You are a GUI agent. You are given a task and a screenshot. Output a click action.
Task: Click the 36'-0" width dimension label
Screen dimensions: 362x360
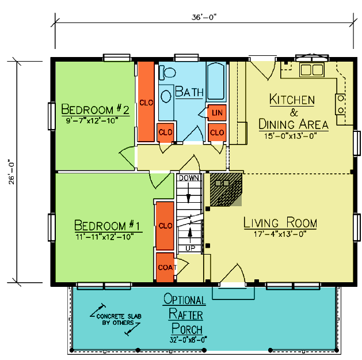point(204,17)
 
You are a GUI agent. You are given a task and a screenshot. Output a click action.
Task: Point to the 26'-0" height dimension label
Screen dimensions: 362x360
point(12,172)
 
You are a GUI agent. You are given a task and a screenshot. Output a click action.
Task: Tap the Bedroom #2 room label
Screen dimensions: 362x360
point(95,109)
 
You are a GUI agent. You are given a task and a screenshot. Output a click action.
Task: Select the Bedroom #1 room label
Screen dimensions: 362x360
point(107,225)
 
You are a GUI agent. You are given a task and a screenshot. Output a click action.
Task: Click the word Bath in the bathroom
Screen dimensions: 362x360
point(189,92)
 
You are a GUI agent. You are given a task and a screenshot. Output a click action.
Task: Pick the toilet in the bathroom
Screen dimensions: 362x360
point(167,73)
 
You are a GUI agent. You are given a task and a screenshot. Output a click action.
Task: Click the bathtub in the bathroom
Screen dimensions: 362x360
point(216,81)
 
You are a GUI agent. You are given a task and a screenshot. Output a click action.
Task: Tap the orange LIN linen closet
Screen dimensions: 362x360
point(217,112)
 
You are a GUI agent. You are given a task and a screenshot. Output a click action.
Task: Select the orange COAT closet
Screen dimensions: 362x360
point(165,267)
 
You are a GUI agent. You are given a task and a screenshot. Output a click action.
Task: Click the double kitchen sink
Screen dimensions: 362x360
point(312,70)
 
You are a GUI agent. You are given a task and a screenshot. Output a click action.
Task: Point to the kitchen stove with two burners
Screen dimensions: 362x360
point(340,104)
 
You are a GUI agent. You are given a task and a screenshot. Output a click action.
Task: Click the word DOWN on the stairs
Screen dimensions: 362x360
point(189,178)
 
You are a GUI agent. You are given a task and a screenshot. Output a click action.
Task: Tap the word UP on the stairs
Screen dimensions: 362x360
point(190,248)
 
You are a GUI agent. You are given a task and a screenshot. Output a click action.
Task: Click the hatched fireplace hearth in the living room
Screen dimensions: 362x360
point(226,190)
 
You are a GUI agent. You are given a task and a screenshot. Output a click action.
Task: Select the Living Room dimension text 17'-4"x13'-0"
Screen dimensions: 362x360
point(280,234)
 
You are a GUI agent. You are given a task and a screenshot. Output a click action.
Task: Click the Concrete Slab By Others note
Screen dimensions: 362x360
point(119,319)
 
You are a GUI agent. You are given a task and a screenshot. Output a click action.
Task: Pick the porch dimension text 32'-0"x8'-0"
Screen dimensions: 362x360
point(188,340)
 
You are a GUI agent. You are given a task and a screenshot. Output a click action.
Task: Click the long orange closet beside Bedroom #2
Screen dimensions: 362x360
point(146,101)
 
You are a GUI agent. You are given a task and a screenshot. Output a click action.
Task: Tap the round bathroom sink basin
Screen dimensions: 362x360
point(166,96)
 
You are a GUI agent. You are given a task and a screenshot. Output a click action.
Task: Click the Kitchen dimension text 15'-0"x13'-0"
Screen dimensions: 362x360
point(290,136)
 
